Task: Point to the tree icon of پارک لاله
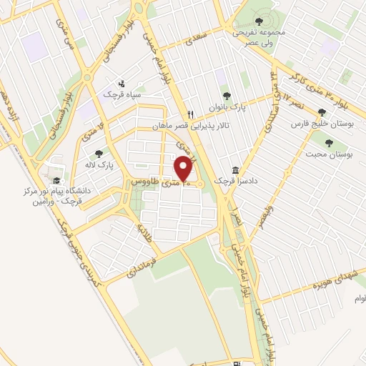pos(99,152)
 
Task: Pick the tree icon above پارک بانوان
pos(227,96)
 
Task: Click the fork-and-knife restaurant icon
pos(189,114)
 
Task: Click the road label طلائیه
pos(145,229)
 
